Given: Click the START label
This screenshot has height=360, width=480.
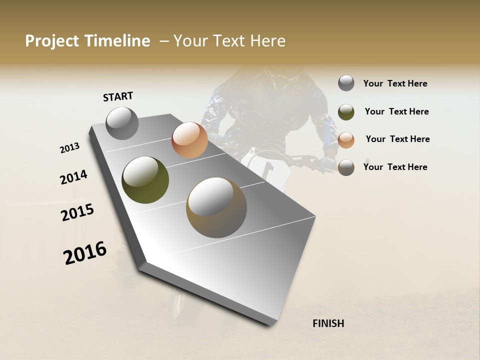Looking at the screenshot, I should point(118,96).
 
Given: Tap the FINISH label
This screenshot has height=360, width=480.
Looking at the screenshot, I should point(328,323).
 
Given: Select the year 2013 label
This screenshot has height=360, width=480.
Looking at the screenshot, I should point(69,148).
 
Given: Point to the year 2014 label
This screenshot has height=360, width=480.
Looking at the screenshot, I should point(73,177).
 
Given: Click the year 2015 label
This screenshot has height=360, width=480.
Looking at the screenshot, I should point(77,213).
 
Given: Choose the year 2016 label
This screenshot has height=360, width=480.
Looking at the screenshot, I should point(85,253).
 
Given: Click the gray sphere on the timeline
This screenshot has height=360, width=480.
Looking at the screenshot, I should point(122,123).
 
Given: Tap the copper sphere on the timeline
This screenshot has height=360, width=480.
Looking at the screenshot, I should point(189,140).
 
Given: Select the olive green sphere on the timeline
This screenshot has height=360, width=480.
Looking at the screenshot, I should point(145,180).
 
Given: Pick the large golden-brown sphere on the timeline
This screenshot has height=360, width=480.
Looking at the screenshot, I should point(216,207).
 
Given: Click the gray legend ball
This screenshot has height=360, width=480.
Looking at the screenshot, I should point(346,83).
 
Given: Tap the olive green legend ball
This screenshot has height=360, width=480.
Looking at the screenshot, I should point(346,112).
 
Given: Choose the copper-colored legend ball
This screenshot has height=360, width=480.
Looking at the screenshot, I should point(346,140).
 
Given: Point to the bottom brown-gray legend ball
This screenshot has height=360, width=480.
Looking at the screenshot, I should point(346,167).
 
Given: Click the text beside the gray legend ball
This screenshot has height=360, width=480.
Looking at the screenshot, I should point(395,84).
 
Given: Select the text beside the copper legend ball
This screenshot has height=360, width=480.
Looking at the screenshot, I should point(397,139).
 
